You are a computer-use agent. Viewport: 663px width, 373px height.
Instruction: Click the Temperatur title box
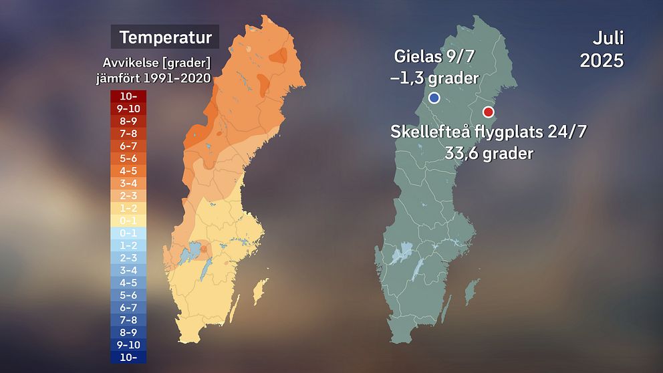165,36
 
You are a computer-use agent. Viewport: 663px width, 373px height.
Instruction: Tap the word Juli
608,37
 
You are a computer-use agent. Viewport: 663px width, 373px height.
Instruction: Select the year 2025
602,60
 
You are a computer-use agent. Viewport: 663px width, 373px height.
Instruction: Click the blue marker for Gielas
434,98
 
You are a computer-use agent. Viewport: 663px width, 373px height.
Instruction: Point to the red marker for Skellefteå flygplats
489,112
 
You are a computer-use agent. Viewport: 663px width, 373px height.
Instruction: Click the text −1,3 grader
434,78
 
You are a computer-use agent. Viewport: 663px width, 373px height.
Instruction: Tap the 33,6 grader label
489,153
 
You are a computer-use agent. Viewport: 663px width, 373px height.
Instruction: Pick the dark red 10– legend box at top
129,96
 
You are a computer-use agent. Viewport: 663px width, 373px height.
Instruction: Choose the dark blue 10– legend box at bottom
129,356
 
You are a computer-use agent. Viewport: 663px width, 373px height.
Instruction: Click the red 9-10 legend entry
129,108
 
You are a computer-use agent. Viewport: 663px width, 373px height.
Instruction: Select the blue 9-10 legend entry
129,344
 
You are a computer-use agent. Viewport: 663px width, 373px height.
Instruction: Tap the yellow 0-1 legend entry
129,220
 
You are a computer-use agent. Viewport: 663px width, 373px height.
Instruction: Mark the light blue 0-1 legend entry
129,233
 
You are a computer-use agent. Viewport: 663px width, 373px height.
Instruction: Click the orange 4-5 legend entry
129,170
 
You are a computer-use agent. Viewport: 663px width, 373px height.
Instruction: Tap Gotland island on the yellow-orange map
261,292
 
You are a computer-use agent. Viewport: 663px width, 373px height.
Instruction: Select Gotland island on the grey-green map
473,292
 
